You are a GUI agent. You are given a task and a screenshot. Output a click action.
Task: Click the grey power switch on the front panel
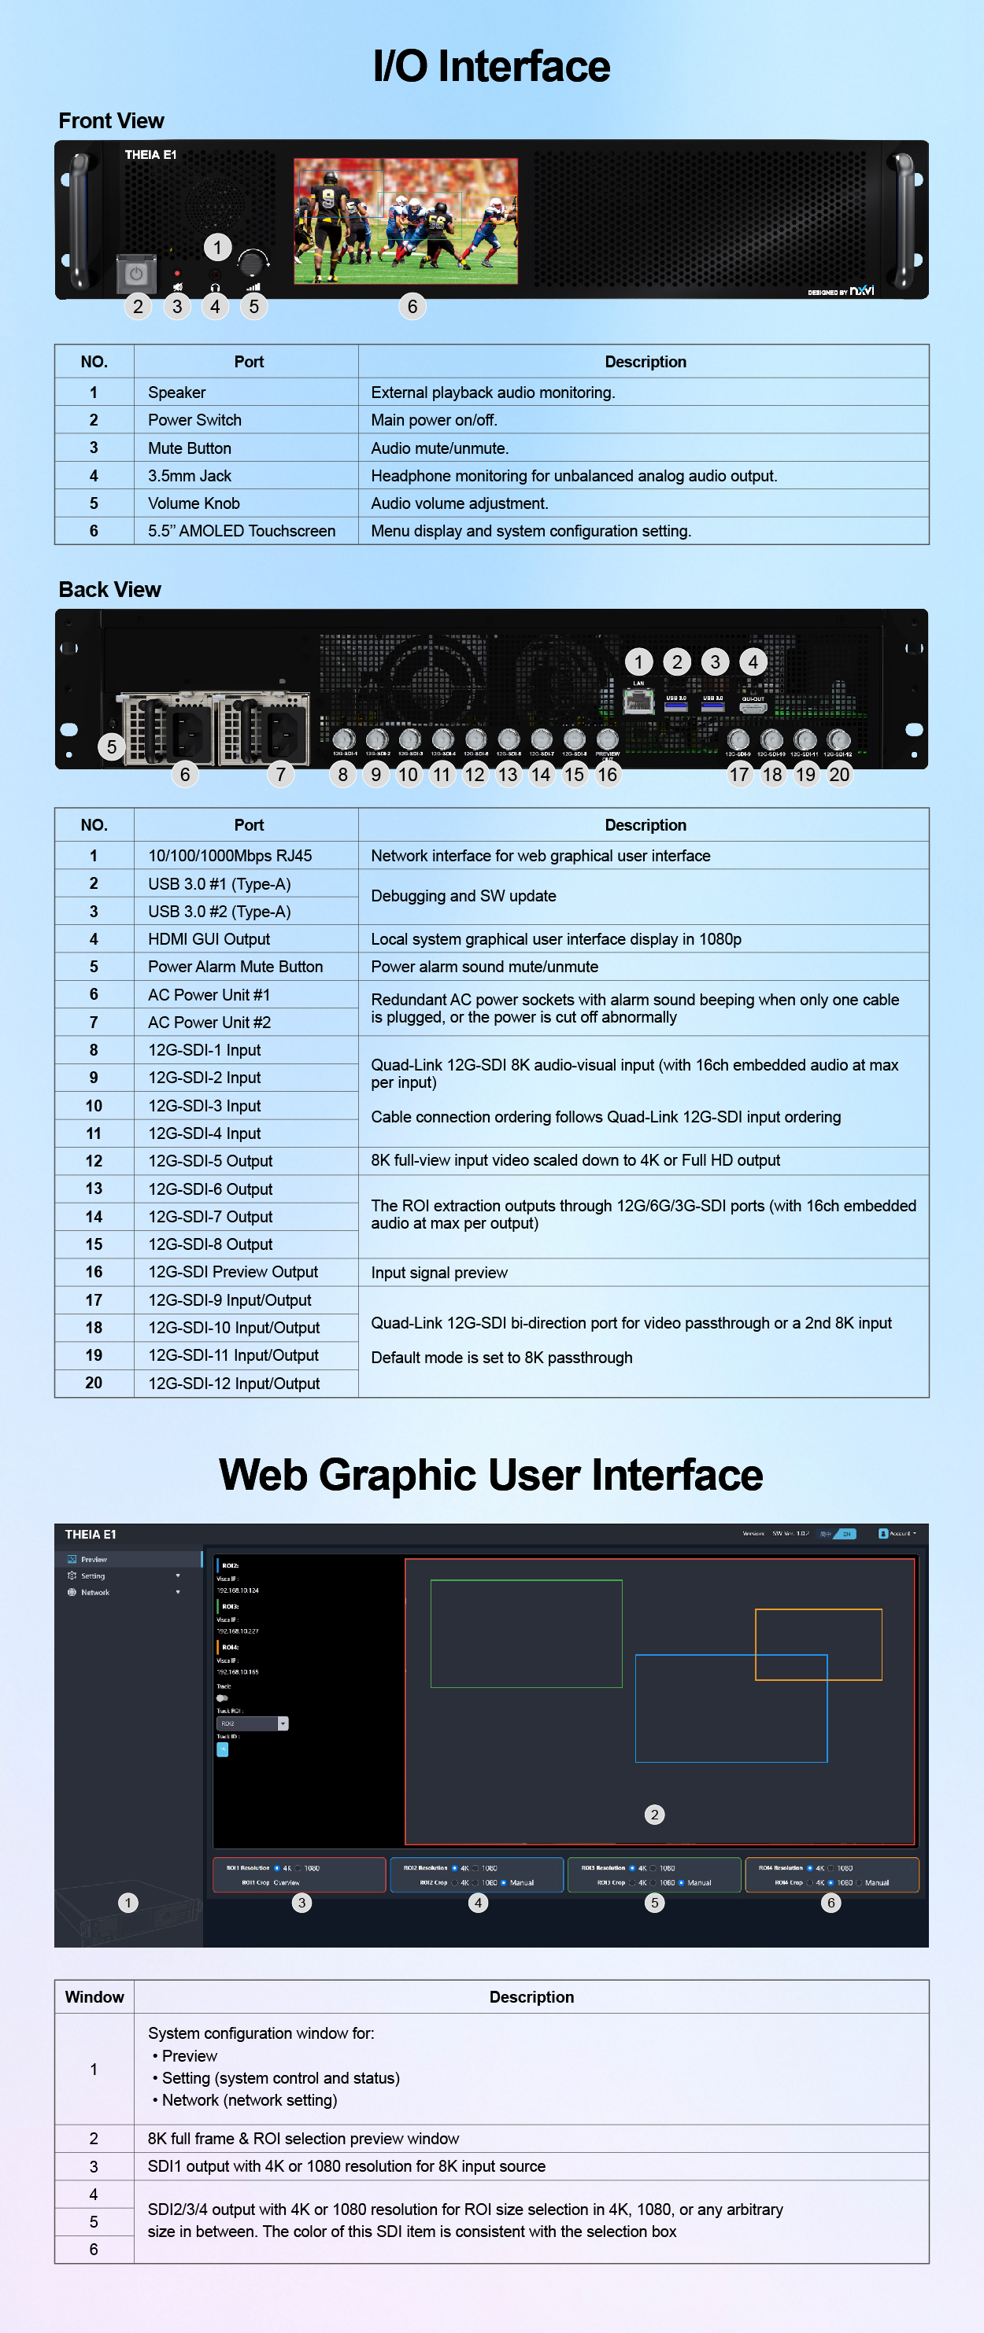tap(136, 273)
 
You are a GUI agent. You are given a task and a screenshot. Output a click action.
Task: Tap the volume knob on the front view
tap(251, 263)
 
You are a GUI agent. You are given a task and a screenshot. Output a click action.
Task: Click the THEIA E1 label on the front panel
tap(150, 155)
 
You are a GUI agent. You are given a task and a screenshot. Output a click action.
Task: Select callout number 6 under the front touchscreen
tap(412, 307)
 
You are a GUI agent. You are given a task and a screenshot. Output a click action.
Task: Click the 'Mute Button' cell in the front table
tap(190, 448)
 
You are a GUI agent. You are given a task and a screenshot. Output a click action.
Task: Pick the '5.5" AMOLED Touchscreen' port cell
tap(241, 532)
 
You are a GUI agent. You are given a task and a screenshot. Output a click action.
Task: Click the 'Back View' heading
tap(109, 590)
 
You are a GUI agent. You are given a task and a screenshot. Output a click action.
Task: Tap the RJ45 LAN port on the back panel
tap(638, 700)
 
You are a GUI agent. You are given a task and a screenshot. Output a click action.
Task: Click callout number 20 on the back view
tap(839, 774)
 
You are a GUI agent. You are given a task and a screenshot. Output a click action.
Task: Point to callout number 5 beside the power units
tap(112, 747)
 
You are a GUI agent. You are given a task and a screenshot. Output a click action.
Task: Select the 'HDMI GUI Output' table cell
tap(209, 939)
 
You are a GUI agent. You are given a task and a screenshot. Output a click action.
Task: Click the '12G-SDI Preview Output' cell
tap(233, 1273)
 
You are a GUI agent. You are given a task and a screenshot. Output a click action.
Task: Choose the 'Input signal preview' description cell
tap(439, 1273)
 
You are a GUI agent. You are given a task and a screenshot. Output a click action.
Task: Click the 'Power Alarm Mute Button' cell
tap(235, 967)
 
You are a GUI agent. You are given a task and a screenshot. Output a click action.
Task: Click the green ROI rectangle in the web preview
tap(526, 1633)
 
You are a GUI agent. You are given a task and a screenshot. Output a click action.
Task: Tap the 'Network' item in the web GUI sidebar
tap(95, 1592)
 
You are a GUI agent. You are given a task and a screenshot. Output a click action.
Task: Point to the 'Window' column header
tap(94, 1997)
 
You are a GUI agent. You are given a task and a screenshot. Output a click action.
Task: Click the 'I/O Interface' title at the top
tap(491, 66)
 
